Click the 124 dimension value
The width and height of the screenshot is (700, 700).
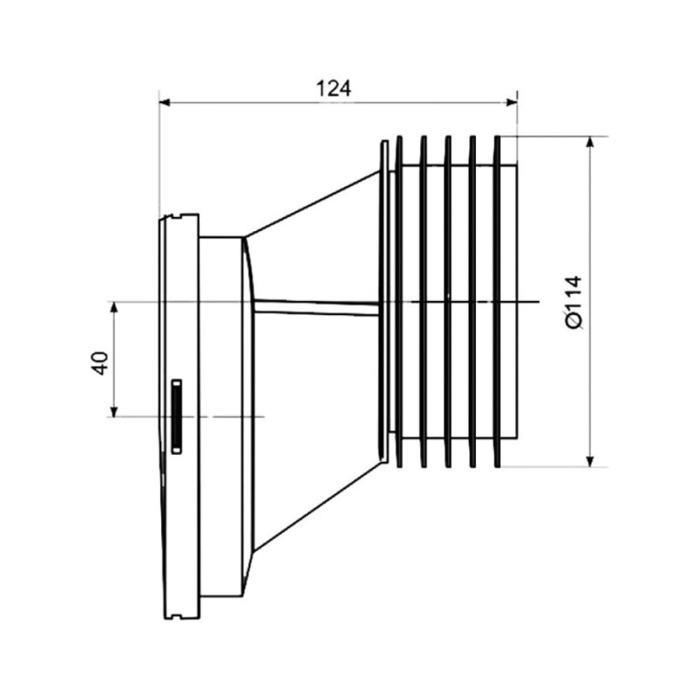[x=333, y=88]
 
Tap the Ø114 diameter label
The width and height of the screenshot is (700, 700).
[x=574, y=302]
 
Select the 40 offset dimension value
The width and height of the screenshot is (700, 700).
[x=100, y=363]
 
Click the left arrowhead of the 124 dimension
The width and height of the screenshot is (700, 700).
[x=164, y=102]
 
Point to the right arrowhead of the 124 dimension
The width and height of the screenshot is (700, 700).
[x=512, y=102]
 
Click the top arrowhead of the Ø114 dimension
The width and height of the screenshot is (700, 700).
[x=590, y=142]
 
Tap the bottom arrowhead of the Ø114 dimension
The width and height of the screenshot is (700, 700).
[x=590, y=461]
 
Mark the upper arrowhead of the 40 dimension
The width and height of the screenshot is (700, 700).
[x=115, y=308]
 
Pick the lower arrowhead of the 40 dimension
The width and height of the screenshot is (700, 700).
[x=115, y=410]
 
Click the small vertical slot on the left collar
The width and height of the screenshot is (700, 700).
[x=177, y=416]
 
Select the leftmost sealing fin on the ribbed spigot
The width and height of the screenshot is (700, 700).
[x=399, y=302]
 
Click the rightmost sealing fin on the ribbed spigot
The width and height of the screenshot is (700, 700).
[x=497, y=302]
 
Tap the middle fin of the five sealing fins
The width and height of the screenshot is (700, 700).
[x=448, y=302]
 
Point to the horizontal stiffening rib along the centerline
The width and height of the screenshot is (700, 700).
[x=316, y=308]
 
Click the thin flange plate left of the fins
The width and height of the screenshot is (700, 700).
[x=383, y=302]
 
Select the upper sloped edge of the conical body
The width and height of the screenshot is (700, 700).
[x=312, y=203]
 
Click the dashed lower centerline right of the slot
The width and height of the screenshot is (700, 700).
[x=231, y=417]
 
